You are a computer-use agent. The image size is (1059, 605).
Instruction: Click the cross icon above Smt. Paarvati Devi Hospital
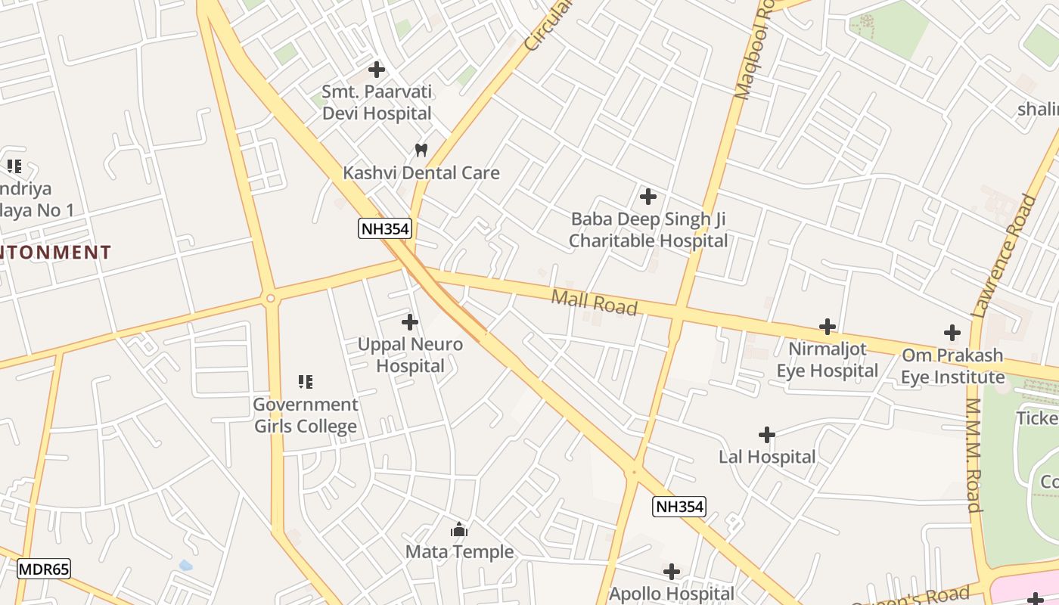tap(376, 70)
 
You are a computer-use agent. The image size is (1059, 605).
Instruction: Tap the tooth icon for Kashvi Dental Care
tap(421, 150)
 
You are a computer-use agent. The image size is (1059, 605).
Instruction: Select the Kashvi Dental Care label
tap(421, 173)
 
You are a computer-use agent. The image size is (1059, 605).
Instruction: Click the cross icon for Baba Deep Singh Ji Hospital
tap(648, 197)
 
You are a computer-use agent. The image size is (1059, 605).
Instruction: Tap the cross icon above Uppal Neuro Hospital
tap(409, 323)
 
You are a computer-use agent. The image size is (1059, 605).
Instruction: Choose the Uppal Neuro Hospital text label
tap(410, 355)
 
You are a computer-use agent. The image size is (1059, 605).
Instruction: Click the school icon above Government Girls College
tap(306, 382)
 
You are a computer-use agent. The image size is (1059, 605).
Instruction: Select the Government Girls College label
tap(306, 415)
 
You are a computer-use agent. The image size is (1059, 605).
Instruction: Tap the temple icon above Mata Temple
tap(459, 530)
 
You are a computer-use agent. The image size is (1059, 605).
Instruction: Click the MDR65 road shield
tap(44, 569)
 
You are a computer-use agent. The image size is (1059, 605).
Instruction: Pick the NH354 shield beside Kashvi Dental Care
tap(385, 228)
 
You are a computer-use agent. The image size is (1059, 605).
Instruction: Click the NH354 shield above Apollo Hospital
tap(679, 507)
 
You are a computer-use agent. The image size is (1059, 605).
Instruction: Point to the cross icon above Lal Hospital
tap(766, 435)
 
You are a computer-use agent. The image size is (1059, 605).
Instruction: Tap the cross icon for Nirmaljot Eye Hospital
tap(828, 327)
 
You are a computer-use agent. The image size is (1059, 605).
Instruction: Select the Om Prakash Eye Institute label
tap(952, 366)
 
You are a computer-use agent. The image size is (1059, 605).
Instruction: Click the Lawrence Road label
tap(1005, 255)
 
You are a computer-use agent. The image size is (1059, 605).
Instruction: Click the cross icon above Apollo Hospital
tap(671, 572)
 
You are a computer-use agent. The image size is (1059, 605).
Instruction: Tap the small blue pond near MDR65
tap(185, 565)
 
